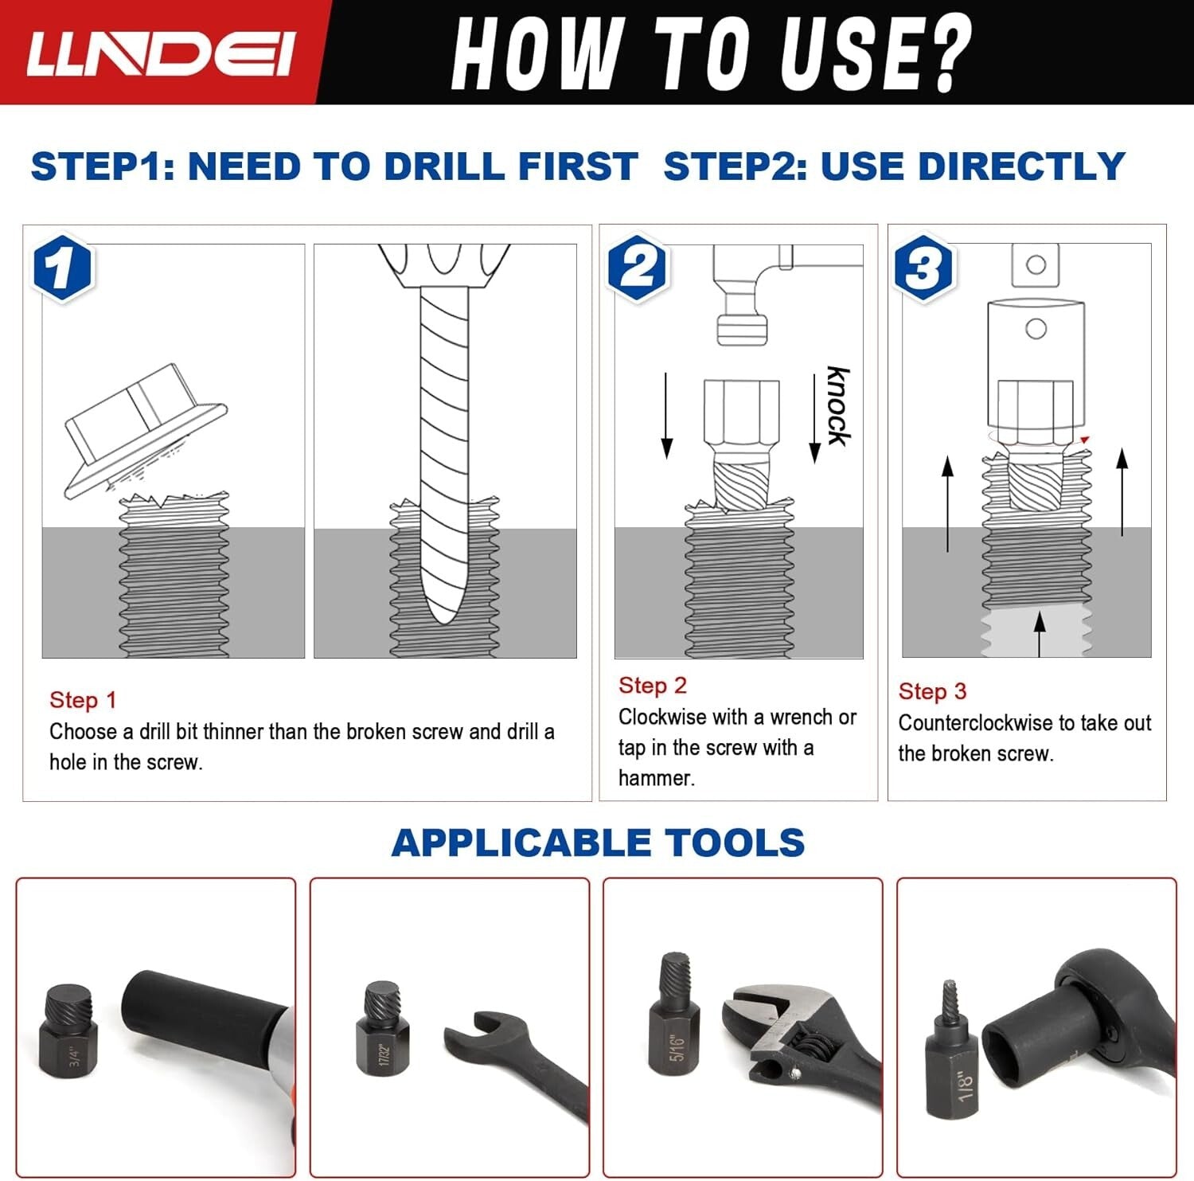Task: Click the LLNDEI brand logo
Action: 160,53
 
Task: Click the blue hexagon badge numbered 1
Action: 62,268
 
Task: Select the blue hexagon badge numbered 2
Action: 638,268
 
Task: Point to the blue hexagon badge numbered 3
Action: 924,267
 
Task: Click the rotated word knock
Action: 838,406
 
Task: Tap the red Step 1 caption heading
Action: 83,700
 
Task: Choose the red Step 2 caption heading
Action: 653,686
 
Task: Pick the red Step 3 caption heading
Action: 932,691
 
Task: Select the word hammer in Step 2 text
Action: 656,778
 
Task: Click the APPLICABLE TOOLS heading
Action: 598,843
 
